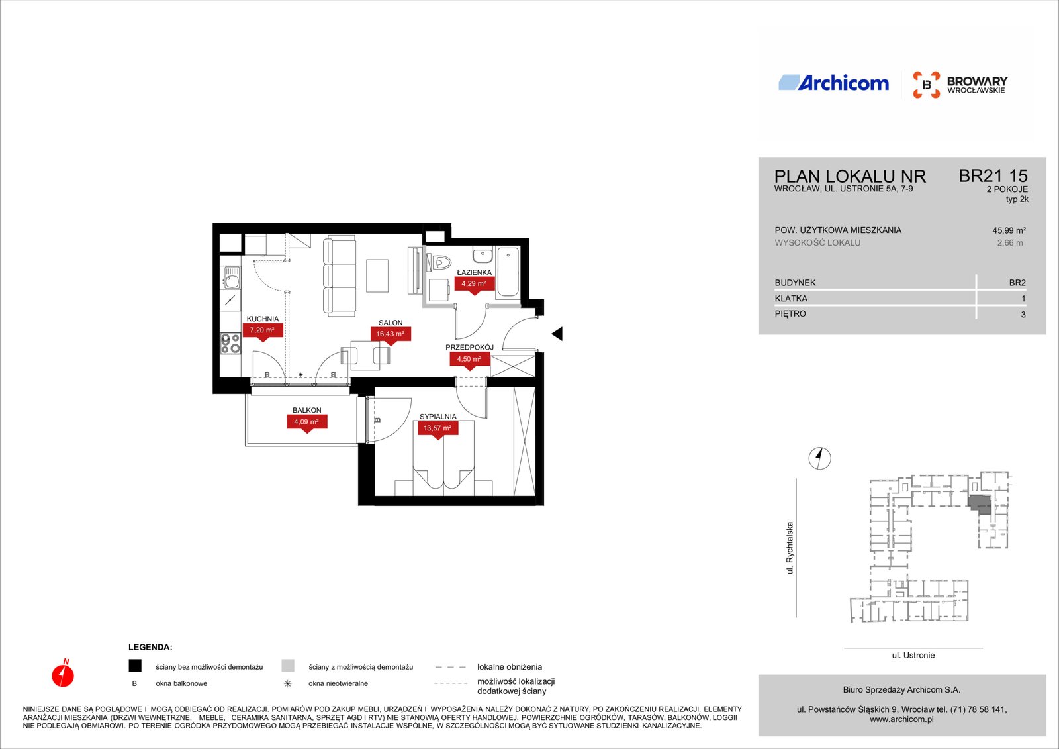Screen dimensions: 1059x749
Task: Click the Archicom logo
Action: point(833,83)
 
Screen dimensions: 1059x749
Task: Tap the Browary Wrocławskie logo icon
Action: point(926,85)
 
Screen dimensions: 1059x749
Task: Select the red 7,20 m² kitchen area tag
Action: point(262,330)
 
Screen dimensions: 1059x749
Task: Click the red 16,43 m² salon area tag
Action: point(391,334)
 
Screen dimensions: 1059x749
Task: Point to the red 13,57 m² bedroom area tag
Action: point(437,428)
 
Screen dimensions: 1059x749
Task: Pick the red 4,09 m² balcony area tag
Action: point(307,422)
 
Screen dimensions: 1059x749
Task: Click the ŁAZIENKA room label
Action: point(474,272)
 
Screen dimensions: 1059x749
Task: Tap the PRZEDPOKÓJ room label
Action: point(469,347)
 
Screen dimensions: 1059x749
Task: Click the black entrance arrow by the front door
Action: point(557,334)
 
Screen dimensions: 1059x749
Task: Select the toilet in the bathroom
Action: point(439,262)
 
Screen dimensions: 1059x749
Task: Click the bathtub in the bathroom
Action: point(508,272)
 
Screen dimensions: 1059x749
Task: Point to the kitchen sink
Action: point(232,277)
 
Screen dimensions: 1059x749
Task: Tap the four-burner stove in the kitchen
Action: point(230,344)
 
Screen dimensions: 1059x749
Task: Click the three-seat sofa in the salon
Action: point(340,277)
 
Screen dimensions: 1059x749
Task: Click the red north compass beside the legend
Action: point(63,674)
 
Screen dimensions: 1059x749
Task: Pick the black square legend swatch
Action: point(135,666)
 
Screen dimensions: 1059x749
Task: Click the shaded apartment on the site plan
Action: point(980,505)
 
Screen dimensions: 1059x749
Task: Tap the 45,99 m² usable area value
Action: point(1009,231)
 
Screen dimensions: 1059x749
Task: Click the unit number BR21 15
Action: point(993,176)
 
